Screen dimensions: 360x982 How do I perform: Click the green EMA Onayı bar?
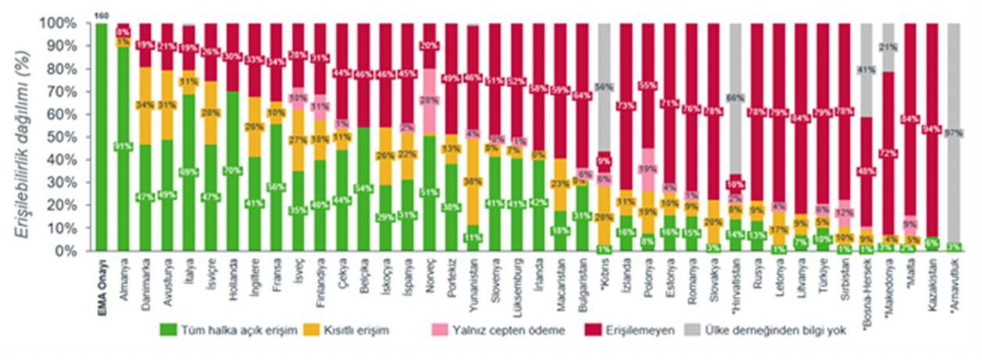point(102,137)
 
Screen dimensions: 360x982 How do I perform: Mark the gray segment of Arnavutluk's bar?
point(953,133)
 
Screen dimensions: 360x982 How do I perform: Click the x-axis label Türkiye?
point(823,276)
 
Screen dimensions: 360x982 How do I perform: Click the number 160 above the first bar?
point(102,15)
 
